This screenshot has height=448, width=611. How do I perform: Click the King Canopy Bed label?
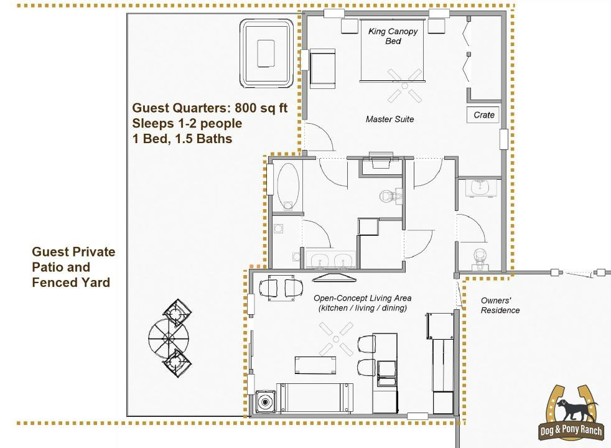point(393,36)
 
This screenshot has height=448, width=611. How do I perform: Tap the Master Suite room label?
point(389,119)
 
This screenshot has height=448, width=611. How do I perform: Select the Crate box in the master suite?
point(483,115)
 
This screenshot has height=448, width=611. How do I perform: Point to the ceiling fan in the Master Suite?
point(405,85)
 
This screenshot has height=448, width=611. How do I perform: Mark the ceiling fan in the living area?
point(336,338)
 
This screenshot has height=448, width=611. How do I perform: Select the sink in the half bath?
point(480,187)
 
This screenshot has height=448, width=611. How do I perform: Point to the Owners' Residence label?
point(500,305)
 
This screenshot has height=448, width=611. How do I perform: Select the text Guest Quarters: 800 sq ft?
point(210,108)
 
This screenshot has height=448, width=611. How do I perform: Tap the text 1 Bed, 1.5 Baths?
point(182,139)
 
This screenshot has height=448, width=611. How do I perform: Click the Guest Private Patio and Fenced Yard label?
point(73,267)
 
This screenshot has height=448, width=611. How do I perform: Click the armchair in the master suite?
point(322,67)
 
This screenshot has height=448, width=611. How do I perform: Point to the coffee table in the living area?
point(314,365)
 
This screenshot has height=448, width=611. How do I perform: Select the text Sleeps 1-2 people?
point(187,123)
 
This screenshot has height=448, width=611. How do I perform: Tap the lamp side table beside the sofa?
point(266,401)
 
